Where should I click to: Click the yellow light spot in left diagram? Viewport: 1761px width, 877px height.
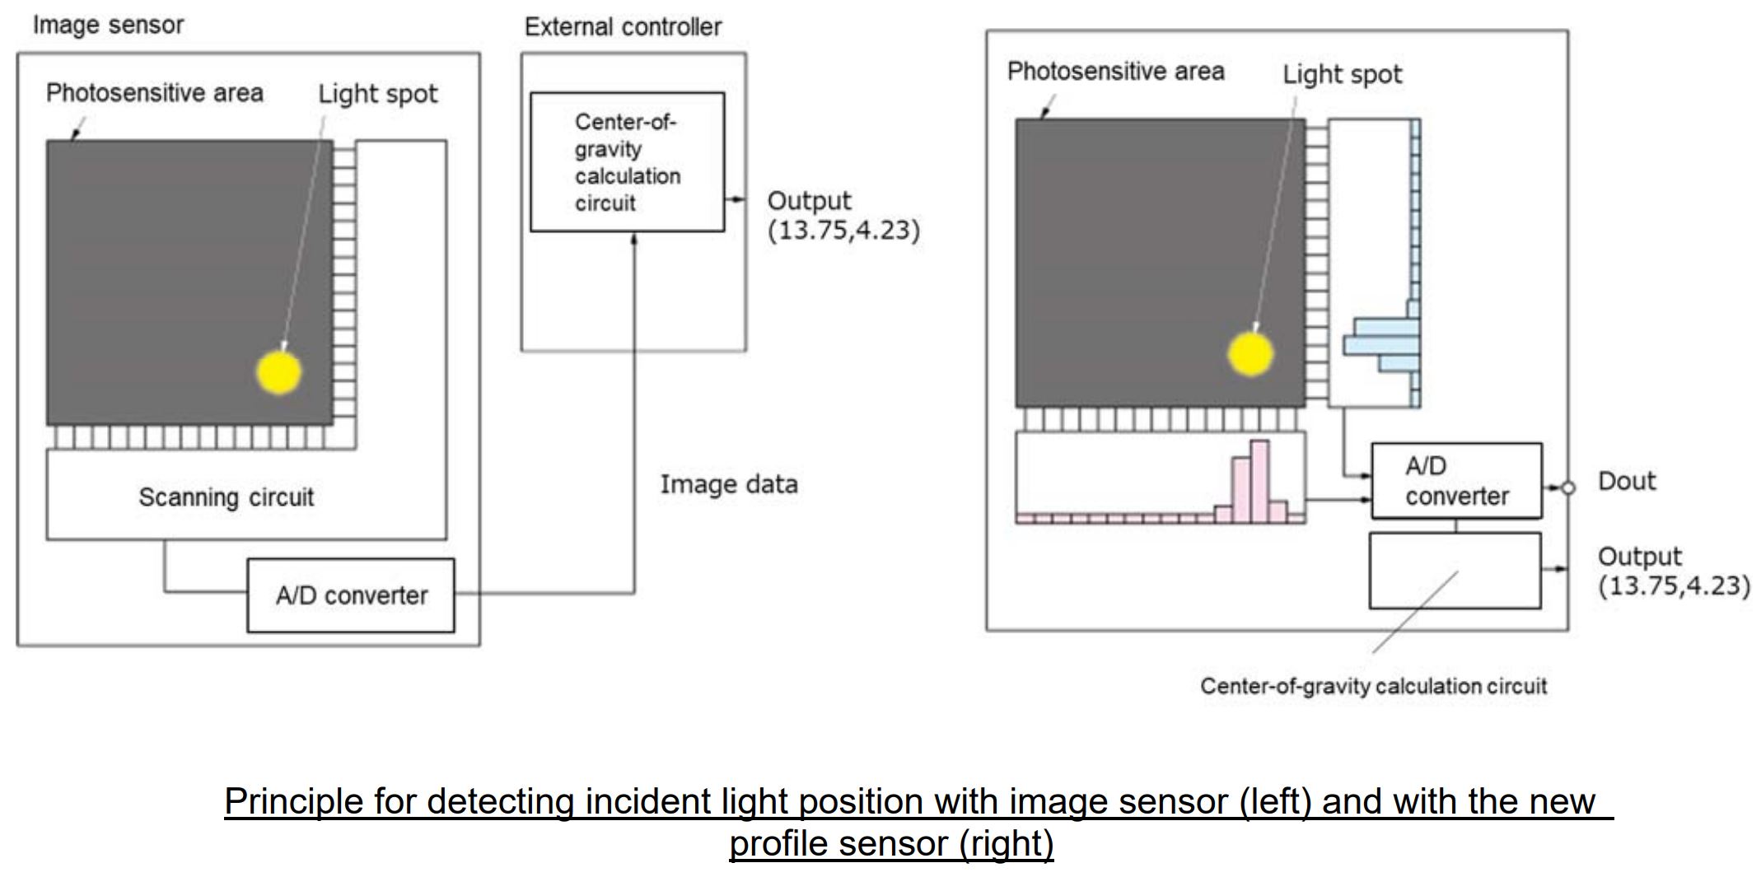(x=279, y=372)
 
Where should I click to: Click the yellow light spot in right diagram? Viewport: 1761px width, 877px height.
(x=1250, y=354)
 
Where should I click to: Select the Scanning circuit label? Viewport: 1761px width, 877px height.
(x=226, y=497)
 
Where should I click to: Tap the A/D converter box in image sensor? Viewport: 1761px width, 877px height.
(x=351, y=595)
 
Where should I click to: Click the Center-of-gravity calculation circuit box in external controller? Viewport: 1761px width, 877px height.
(x=627, y=162)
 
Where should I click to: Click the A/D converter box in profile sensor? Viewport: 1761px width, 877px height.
(x=1456, y=481)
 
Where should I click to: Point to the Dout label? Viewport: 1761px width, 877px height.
(x=1626, y=481)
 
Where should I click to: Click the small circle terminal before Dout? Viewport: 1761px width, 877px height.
(x=1568, y=488)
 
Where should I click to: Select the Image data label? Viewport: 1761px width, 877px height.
(x=728, y=484)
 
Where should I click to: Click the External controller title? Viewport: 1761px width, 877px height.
(x=623, y=27)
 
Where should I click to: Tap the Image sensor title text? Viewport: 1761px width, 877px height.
(x=108, y=25)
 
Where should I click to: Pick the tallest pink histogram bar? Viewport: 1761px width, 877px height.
(x=1259, y=481)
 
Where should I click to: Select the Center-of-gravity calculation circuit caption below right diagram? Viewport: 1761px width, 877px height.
(x=1373, y=686)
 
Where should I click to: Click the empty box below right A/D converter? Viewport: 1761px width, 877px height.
(x=1455, y=571)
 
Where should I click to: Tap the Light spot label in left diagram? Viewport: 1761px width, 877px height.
(x=377, y=94)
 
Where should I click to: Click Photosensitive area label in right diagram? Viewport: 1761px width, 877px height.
(x=1115, y=72)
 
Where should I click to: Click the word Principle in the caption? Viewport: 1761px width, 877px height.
(x=292, y=801)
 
